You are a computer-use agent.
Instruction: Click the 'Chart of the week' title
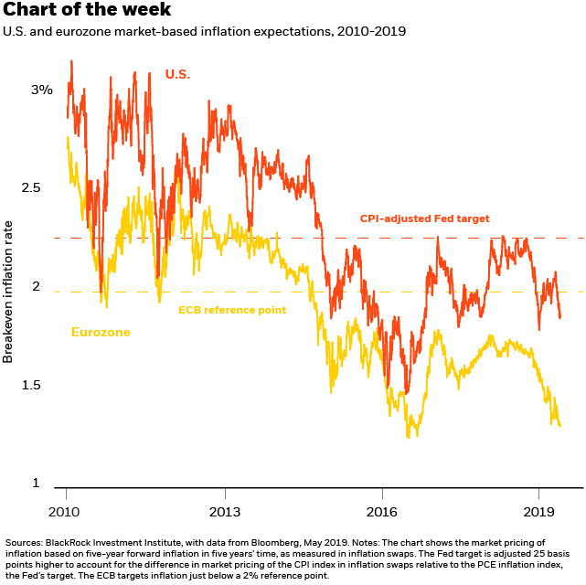pyautogui.click(x=86, y=11)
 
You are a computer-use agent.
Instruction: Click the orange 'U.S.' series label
pyautogui.click(x=177, y=73)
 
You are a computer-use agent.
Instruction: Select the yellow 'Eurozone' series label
pyautogui.click(x=101, y=332)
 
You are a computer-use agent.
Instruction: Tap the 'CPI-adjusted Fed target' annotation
pyautogui.click(x=424, y=218)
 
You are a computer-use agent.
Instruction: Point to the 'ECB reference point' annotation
pyautogui.click(x=232, y=310)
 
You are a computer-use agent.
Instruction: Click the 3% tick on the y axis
pyautogui.click(x=67, y=90)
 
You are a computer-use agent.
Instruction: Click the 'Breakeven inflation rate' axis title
pyautogui.click(x=8, y=291)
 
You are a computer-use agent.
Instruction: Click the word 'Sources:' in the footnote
pyautogui.click(x=27, y=543)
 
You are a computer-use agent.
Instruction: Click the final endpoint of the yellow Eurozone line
pyautogui.click(x=559, y=426)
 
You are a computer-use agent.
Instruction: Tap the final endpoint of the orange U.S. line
pyautogui.click(x=559, y=318)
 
